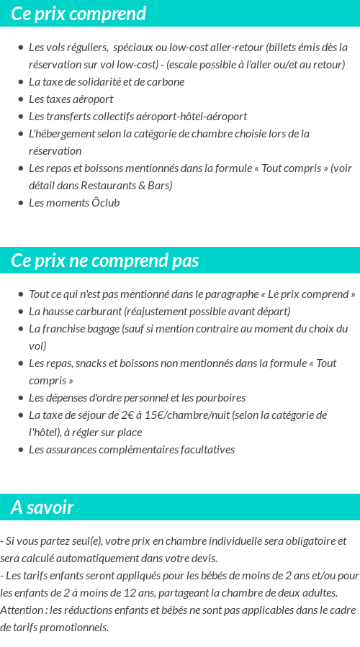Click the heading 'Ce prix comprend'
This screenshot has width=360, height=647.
coord(78,14)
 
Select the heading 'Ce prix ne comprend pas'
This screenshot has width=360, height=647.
coord(105,261)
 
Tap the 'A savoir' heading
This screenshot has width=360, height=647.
coord(42,507)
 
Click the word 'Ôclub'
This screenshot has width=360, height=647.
coord(106,203)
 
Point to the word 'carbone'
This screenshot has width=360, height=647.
coord(166,82)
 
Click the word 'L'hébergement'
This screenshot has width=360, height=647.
coord(60,134)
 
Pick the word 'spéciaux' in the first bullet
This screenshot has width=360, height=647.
coord(135,47)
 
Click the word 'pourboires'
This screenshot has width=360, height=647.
coord(220,398)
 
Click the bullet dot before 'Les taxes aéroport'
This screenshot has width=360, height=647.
coord(21,99)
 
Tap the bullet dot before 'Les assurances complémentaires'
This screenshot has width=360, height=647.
coord(21,450)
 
